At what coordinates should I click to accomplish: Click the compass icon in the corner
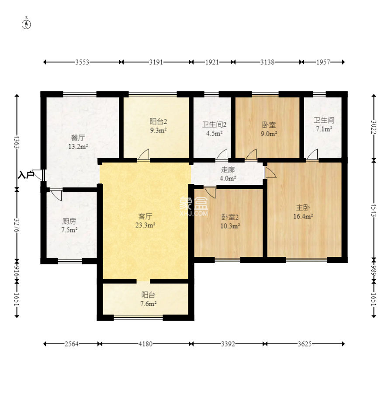click(26, 24)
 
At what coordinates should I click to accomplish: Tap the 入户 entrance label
click(26, 175)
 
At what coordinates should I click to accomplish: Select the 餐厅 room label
click(78, 138)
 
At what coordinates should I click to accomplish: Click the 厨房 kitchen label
click(69, 221)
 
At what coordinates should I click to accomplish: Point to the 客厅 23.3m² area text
click(145, 221)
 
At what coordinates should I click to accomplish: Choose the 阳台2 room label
click(158, 121)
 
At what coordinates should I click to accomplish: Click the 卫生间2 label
click(214, 124)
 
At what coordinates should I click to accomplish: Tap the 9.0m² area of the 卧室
click(269, 134)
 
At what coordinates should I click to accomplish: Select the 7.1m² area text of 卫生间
click(324, 129)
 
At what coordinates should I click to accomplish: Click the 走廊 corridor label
click(228, 170)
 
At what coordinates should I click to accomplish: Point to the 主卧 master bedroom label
click(303, 208)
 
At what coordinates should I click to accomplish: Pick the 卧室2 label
click(230, 217)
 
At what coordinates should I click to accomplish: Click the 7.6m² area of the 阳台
click(149, 304)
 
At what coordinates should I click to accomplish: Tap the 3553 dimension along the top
click(82, 62)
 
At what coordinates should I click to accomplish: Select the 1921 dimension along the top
click(212, 62)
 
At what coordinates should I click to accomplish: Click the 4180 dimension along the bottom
click(145, 344)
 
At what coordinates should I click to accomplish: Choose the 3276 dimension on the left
click(17, 225)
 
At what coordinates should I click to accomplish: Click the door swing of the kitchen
click(56, 195)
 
